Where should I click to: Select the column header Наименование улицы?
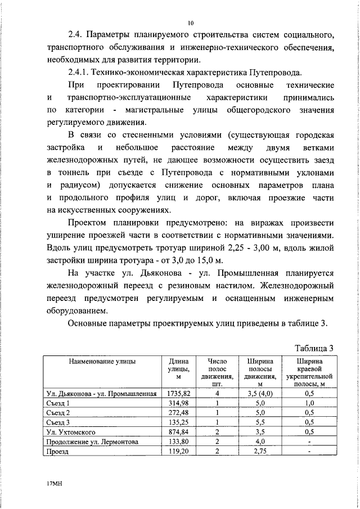pyautogui.click(x=102, y=362)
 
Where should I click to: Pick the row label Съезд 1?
pyautogui.click(x=58, y=403)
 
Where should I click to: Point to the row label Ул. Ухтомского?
pyautogui.click(x=73, y=432)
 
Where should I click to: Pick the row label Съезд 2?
pyautogui.click(x=58, y=413)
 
